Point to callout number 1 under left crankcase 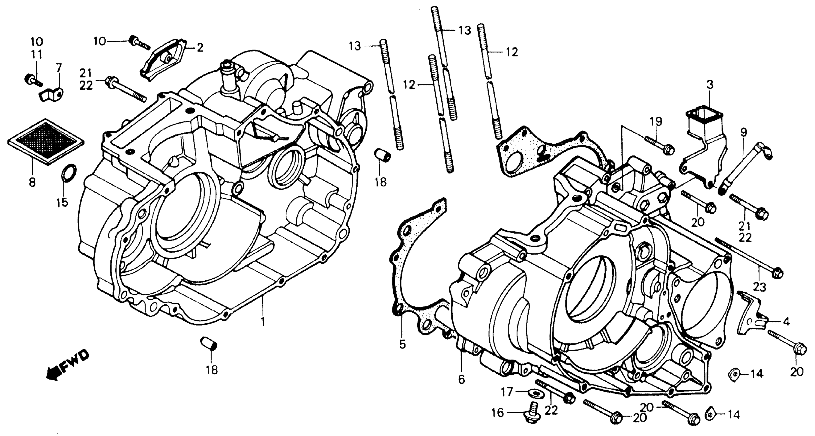(x=262, y=321)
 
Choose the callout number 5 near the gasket (x=402, y=344)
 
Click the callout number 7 (x=59, y=67)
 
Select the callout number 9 (x=743, y=132)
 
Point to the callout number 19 (x=656, y=121)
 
